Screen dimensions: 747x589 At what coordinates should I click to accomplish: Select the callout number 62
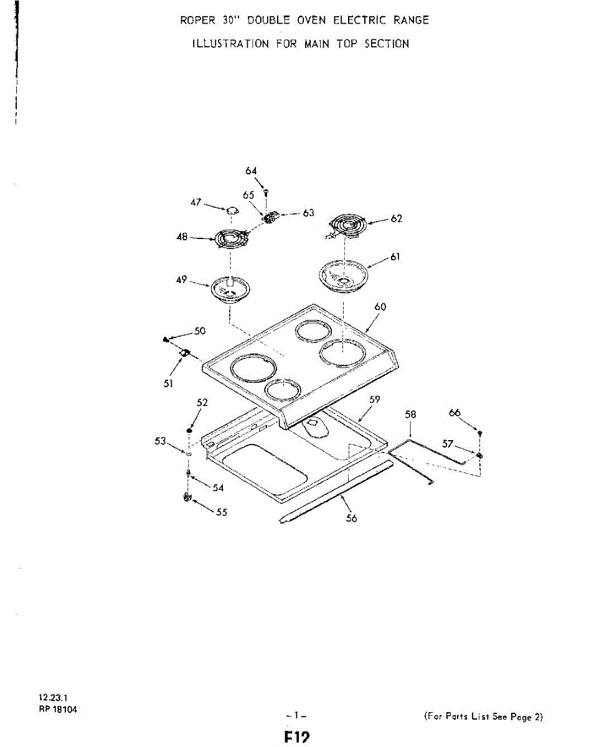click(x=397, y=218)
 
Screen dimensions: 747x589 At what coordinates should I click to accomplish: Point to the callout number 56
click(x=351, y=518)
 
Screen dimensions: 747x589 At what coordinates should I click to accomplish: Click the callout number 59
click(x=374, y=399)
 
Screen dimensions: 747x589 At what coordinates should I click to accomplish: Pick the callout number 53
click(x=161, y=441)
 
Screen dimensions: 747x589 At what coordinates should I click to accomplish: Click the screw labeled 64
click(x=266, y=194)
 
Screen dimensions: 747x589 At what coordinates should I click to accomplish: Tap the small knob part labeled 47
click(x=232, y=210)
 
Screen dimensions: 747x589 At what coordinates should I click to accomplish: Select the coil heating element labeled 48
click(x=231, y=238)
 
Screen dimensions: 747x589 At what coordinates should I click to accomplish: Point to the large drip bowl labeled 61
click(x=343, y=274)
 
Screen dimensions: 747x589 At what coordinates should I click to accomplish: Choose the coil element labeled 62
click(x=348, y=223)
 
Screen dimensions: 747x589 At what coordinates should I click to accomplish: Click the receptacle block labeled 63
click(x=270, y=218)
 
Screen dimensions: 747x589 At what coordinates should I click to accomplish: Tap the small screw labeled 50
click(x=166, y=339)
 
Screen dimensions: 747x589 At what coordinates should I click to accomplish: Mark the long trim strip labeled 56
click(x=336, y=492)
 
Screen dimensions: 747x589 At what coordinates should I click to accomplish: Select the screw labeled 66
click(x=480, y=432)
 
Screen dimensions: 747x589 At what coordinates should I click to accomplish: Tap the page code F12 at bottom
click(x=297, y=738)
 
